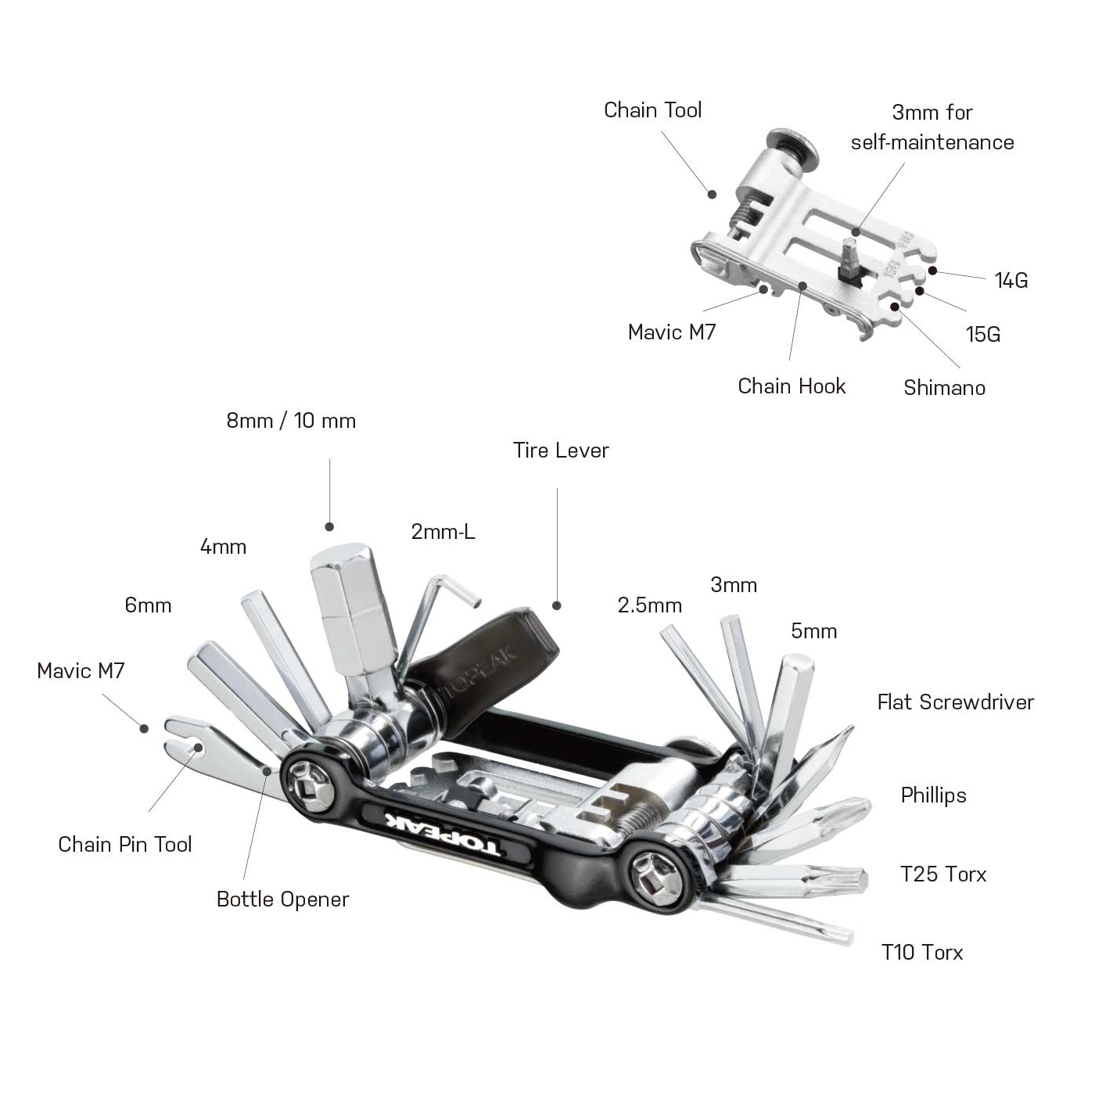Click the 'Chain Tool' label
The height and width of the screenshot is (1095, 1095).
click(x=652, y=110)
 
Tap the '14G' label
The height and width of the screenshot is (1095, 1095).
click(x=1011, y=281)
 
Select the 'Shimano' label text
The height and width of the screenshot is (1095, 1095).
click(x=944, y=388)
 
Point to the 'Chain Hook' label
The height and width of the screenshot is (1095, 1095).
click(x=792, y=386)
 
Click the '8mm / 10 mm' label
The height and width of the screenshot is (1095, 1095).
click(x=291, y=421)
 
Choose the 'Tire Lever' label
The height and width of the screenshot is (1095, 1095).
click(x=561, y=451)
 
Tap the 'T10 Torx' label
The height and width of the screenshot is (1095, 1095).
click(x=922, y=953)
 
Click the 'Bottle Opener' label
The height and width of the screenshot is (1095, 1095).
click(x=282, y=899)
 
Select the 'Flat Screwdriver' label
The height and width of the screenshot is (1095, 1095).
click(x=955, y=702)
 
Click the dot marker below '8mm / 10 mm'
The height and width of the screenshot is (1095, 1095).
click(x=329, y=527)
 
